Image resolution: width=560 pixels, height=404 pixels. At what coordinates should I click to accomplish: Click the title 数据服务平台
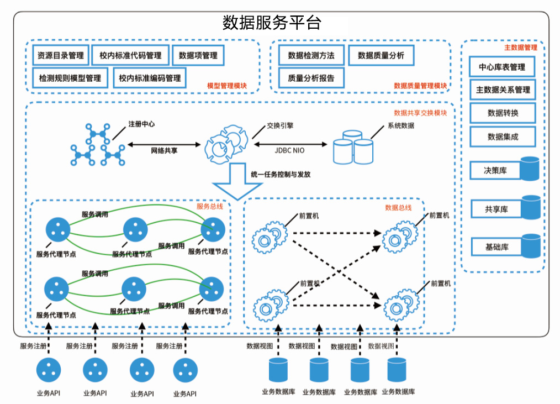click(272, 23)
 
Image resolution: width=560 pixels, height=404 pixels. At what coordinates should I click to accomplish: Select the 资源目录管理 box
click(60, 55)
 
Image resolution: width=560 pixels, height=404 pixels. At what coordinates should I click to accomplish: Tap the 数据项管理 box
click(198, 55)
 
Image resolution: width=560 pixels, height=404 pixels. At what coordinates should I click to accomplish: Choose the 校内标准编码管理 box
click(150, 78)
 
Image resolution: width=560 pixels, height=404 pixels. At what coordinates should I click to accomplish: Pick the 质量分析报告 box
click(311, 78)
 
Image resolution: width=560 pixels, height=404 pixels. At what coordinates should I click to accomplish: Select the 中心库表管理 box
click(502, 67)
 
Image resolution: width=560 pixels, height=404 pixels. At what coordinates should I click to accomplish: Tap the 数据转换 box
click(503, 113)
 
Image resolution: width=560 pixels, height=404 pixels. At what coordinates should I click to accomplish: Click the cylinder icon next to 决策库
click(530, 169)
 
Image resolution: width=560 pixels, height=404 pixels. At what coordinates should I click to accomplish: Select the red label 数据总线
click(398, 208)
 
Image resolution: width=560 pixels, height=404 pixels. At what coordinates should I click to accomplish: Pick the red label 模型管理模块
click(226, 86)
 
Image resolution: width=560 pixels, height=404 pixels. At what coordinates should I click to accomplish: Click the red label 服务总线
click(210, 206)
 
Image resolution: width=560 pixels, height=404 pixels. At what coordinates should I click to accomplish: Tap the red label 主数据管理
click(521, 48)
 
